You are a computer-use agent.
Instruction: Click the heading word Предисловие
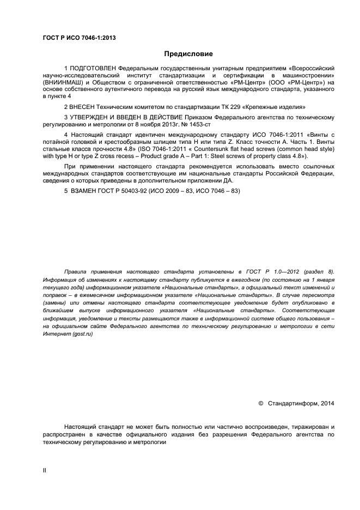(188, 54)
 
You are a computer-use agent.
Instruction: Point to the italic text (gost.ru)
(79, 333)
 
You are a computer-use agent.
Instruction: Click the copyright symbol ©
(260, 403)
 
